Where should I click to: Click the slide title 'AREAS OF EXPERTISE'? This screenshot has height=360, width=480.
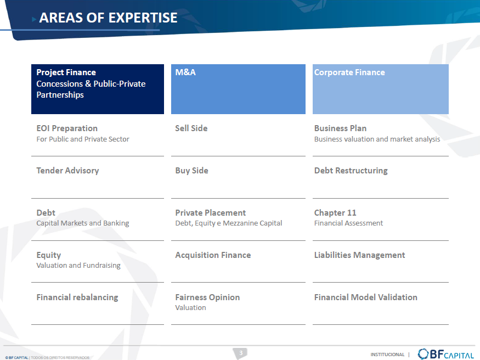(109, 18)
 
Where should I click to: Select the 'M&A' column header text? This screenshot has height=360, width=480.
(185, 72)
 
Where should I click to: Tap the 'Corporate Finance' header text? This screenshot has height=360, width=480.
(349, 72)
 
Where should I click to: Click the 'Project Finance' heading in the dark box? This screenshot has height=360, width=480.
(66, 72)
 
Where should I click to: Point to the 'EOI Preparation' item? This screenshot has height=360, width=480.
(67, 128)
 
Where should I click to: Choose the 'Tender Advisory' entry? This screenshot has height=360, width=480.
(67, 171)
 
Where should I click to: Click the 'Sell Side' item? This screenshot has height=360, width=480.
(191, 128)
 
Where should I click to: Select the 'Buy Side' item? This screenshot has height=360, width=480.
(191, 171)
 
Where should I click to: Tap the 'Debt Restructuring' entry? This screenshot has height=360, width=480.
(351, 171)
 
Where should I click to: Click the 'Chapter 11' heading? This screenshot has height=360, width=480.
(335, 213)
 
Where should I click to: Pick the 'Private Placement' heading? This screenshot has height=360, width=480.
(211, 213)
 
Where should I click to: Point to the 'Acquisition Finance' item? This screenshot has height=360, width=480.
(213, 255)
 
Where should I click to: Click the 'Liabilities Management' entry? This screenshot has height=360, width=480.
(360, 255)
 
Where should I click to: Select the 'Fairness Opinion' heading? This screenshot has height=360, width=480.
(207, 297)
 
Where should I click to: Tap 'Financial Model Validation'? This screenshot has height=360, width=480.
(366, 297)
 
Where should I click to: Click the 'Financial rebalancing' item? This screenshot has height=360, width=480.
(77, 297)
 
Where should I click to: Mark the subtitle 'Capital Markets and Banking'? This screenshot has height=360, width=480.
(83, 223)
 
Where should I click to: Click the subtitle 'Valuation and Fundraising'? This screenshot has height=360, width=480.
(78, 266)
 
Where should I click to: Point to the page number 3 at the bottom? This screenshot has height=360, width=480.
(241, 353)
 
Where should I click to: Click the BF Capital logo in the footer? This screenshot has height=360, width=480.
(446, 354)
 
